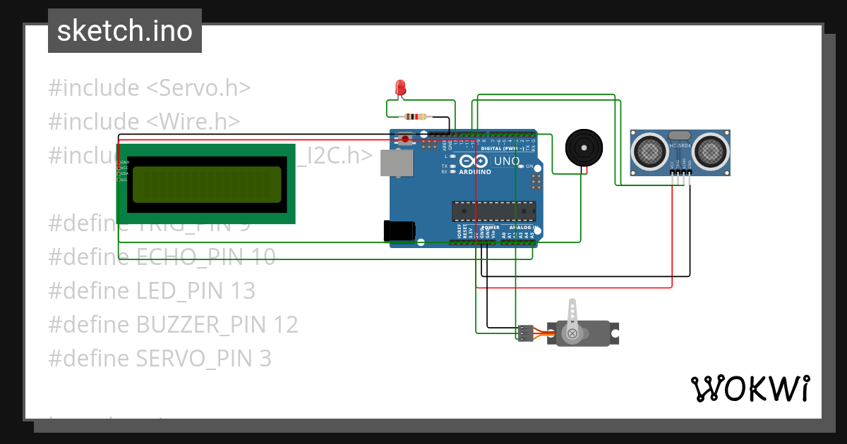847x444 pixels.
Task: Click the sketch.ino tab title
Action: (124, 31)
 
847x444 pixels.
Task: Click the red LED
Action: (401, 88)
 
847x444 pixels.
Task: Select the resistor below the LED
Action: (414, 116)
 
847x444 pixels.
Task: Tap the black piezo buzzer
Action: (585, 147)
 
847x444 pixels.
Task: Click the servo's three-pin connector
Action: (526, 333)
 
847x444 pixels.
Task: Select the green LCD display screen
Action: (205, 184)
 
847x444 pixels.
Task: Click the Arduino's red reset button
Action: (404, 138)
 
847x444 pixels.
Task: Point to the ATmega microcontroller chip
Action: (493, 211)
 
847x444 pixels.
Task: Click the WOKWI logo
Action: (750, 388)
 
